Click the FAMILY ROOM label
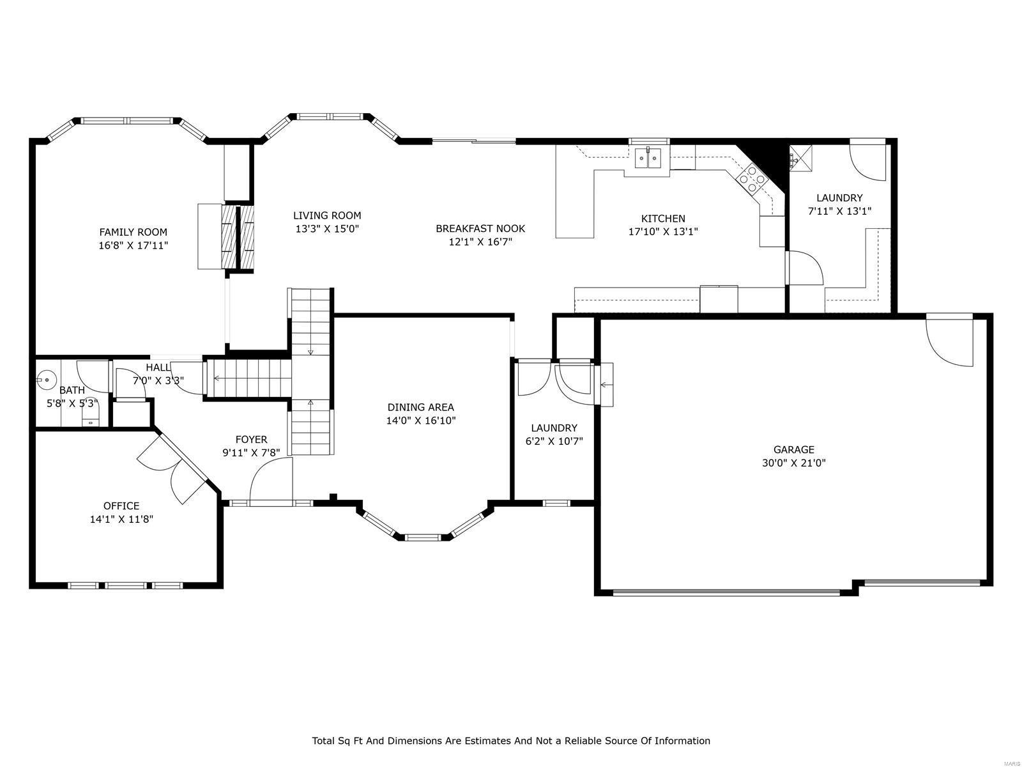click(133, 232)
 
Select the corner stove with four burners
click(752, 179)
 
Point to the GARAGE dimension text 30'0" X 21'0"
click(793, 463)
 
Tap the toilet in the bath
click(91, 418)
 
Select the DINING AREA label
click(420, 407)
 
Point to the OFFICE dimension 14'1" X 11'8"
click(121, 520)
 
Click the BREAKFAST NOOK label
click(480, 228)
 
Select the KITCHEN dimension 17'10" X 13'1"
click(663, 232)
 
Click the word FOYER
click(251, 439)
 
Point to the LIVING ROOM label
click(327, 215)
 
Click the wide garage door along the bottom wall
click(726, 593)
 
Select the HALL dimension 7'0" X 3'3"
click(158, 380)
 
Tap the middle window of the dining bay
click(423, 537)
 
